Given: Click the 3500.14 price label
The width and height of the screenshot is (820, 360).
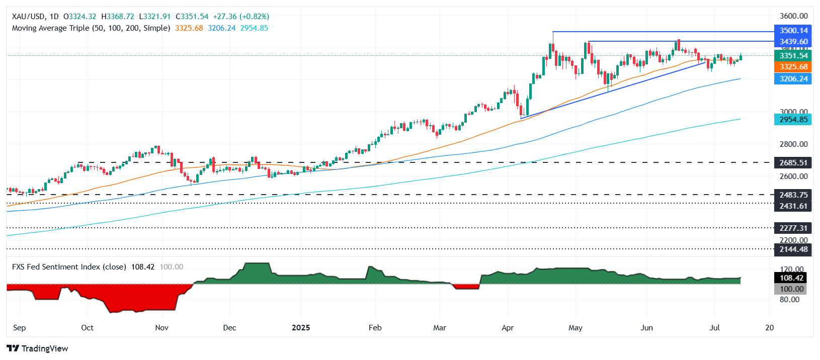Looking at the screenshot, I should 793,31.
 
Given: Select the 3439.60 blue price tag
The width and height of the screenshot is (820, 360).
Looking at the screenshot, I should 793,42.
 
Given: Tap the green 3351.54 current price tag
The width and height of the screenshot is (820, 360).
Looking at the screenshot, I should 793,56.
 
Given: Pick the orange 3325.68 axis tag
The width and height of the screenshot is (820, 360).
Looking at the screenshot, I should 793,67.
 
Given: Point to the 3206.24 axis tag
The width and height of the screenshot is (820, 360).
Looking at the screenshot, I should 793,79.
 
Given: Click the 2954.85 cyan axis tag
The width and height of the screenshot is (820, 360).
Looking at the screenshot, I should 793,120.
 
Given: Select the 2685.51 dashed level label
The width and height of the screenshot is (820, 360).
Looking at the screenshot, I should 793,162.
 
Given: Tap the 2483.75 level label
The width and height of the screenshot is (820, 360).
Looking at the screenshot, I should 793,195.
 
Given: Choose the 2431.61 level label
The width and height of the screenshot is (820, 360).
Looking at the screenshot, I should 793,206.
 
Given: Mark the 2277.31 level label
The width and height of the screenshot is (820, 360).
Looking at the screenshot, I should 793,228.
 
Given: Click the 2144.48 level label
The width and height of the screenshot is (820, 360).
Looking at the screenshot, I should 793,249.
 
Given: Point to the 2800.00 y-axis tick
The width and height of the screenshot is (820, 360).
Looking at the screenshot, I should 793,144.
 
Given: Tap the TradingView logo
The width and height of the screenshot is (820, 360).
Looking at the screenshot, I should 37,348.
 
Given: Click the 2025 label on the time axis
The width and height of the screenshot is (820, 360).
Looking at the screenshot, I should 301,328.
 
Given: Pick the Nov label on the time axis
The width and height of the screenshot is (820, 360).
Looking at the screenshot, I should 161,328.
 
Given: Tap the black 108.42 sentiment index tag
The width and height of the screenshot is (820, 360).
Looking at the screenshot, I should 791,278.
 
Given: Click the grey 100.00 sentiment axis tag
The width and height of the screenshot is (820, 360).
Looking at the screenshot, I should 791,289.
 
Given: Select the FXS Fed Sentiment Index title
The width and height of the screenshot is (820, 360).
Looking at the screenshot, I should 69,267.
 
